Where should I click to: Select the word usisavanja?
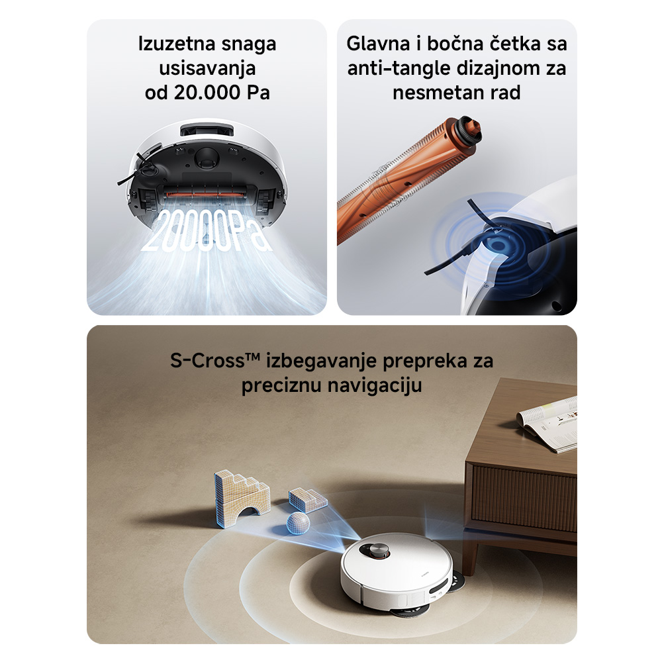coord(207,69)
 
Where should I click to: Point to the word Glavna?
coord(378,44)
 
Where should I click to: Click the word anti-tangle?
coord(398,69)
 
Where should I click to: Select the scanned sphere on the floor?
coord(298,523)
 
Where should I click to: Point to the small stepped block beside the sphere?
coord(308,499)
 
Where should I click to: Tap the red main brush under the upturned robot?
coord(207,195)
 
